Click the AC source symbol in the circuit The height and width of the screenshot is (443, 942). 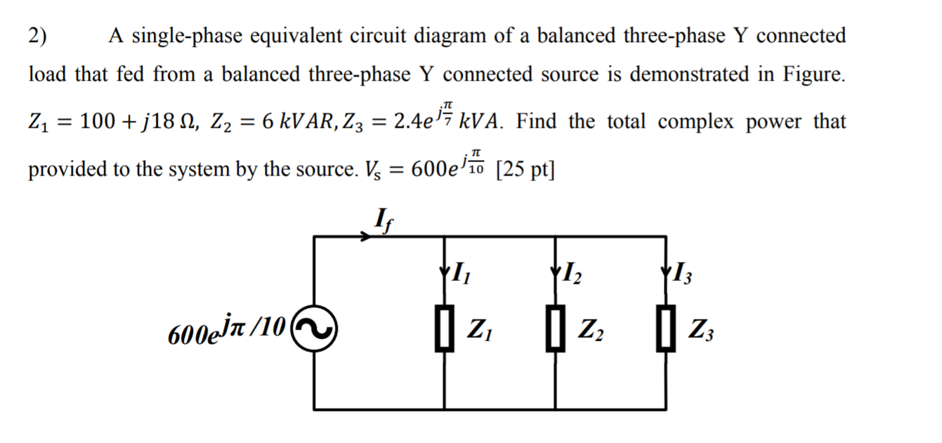pyautogui.click(x=314, y=329)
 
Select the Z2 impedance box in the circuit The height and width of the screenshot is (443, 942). pyautogui.click(x=556, y=329)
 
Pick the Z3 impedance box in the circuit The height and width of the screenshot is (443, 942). pyautogui.click(x=666, y=329)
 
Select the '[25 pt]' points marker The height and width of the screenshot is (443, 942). pyautogui.click(x=524, y=168)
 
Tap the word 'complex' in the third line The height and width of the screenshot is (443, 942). pyautogui.click(x=691, y=121)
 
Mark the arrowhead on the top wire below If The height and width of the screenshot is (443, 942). pyautogui.click(x=366, y=237)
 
